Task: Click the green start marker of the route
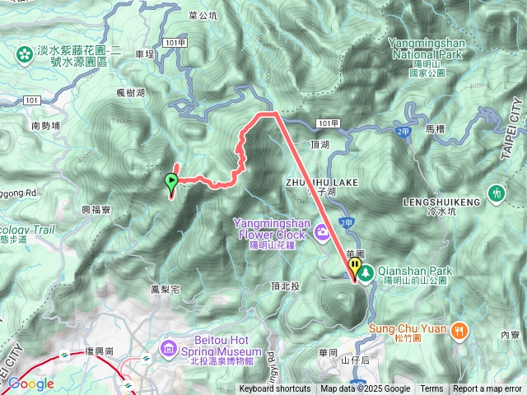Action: [x=172, y=182]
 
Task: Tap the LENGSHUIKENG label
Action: [x=437, y=201]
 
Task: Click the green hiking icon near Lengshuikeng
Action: [x=496, y=193]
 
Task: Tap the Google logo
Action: [x=30, y=383]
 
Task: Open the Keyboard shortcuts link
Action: [x=275, y=389]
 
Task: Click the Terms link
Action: [x=431, y=389]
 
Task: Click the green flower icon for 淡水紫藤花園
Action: [x=24, y=55]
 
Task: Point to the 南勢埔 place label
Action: [x=46, y=127]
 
